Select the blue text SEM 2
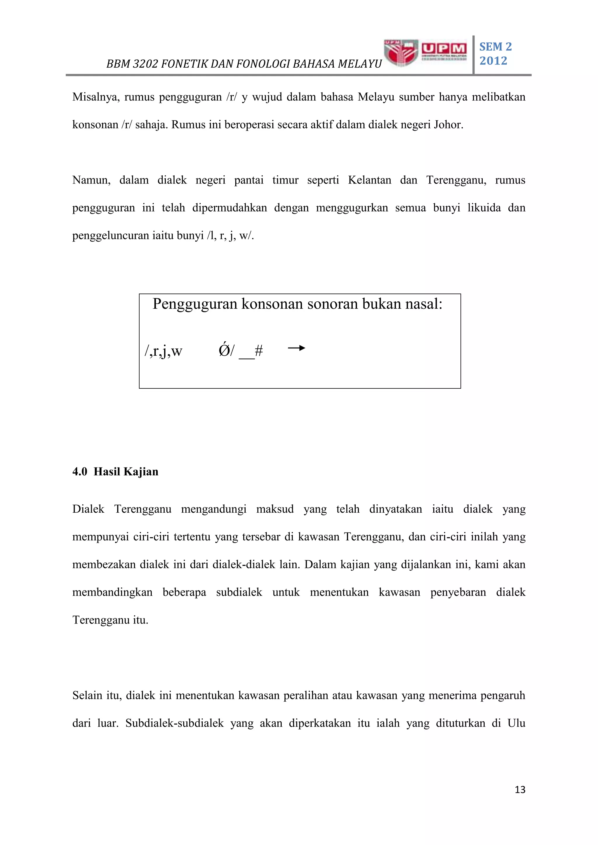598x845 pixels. click(x=495, y=47)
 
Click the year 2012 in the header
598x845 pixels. click(x=493, y=61)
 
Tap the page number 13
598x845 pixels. click(x=520, y=790)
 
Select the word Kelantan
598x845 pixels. click(x=369, y=180)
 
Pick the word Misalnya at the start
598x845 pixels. click(x=95, y=97)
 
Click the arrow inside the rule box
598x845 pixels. click(x=296, y=348)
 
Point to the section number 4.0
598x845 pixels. click(x=79, y=472)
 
